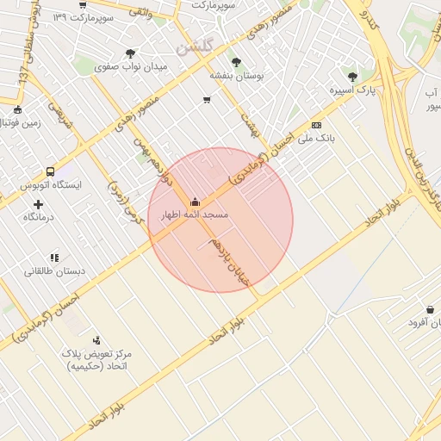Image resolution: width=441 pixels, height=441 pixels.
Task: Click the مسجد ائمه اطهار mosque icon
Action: (x=194, y=202)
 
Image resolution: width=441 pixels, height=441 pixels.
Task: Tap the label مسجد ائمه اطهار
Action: (x=195, y=214)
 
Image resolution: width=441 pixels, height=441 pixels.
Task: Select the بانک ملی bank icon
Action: (x=317, y=125)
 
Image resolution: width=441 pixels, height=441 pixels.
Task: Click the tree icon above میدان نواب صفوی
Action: (x=130, y=53)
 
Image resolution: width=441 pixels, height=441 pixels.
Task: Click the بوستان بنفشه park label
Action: (x=235, y=75)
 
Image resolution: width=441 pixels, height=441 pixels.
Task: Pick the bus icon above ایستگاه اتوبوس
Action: (x=50, y=171)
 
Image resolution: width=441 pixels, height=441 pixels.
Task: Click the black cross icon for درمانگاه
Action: (x=38, y=204)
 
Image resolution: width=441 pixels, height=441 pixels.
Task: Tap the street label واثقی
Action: (x=141, y=13)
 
